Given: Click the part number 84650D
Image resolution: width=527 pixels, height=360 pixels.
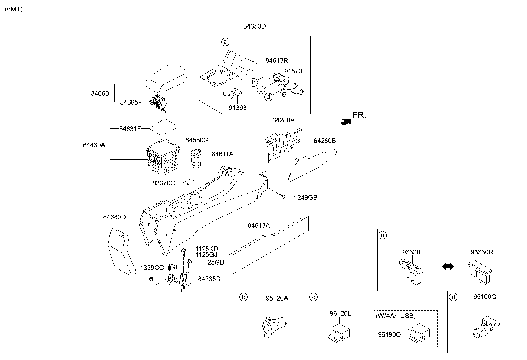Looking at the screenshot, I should (x=254, y=26).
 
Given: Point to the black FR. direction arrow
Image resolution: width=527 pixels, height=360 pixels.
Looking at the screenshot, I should (x=346, y=122).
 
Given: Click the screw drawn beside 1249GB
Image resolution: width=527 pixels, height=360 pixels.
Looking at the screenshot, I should (x=283, y=196).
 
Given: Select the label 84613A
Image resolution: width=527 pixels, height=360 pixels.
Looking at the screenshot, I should (x=259, y=226).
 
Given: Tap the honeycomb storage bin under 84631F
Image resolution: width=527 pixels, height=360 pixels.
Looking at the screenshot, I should (x=163, y=158).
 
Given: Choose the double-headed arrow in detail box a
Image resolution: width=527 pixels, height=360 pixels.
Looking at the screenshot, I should (x=448, y=267).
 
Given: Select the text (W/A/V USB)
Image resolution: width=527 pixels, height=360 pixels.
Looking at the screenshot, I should (x=396, y=316).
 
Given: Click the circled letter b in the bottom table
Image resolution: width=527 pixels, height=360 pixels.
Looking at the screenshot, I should (x=244, y=297).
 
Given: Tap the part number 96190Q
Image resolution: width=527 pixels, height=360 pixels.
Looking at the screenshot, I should (x=389, y=334).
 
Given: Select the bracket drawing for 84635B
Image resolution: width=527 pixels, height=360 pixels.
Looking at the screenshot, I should (x=178, y=276).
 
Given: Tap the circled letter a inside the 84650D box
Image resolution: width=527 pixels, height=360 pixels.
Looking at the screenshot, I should (x=225, y=42).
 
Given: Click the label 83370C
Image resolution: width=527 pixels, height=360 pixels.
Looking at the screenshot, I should (x=164, y=183).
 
